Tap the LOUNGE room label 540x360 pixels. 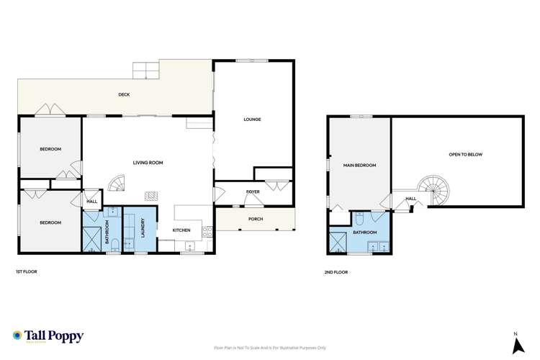(x=252, y=120)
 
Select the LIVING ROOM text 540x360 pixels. (x=148, y=163)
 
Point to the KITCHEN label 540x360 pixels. (x=180, y=230)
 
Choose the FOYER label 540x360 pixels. (x=252, y=192)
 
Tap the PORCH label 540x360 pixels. (x=255, y=219)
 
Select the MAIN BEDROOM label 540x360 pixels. (x=359, y=166)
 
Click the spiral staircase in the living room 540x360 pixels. (x=117, y=184)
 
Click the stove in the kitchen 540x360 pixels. (x=207, y=231)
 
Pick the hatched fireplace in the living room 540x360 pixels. (x=151, y=194)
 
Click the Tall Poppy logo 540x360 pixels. (x=48, y=336)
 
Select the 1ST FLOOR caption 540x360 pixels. (x=27, y=271)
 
